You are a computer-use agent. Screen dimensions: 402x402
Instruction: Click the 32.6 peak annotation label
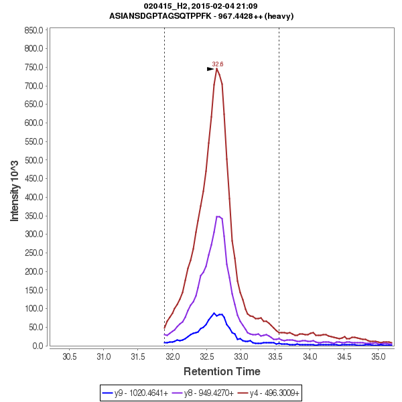coord(217,64)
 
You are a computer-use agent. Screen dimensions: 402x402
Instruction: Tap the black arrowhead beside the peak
coord(210,68)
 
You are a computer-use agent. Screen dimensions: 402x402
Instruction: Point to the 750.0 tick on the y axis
coord(33,68)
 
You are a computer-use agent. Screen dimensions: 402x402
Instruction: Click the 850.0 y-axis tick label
coord(33,30)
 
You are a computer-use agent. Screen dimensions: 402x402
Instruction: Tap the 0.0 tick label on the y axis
coord(38,346)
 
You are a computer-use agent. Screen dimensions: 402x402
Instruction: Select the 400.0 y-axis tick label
coord(33,197)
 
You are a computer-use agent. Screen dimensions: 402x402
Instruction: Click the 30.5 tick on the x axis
coord(70,356)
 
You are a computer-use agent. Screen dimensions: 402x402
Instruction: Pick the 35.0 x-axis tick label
coord(379,356)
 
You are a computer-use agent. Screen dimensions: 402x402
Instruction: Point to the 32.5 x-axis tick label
coord(207,356)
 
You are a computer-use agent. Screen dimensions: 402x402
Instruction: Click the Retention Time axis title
coord(222,371)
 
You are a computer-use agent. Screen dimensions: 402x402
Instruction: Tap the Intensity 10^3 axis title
coord(15,188)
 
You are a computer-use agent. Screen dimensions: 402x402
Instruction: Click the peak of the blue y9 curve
coord(214,313)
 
